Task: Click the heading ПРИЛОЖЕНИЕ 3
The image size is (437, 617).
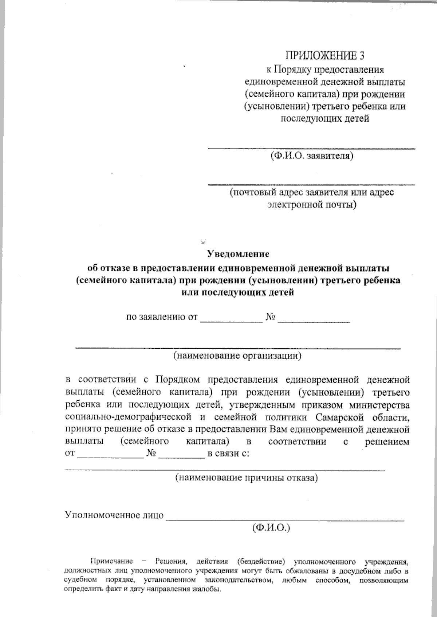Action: pos(324,56)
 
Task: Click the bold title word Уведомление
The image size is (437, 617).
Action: pos(238,254)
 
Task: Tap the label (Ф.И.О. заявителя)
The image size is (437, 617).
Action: pos(311,157)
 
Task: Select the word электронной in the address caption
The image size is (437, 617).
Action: pos(294,205)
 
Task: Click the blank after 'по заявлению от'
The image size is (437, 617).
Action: pos(232,321)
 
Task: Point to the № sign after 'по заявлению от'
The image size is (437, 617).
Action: pos(270,317)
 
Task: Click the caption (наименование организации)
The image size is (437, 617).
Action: pos(238,356)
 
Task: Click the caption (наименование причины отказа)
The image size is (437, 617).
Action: pos(247,478)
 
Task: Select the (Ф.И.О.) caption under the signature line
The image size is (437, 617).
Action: pos(271,528)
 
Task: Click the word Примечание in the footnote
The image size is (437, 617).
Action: pos(111,561)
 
